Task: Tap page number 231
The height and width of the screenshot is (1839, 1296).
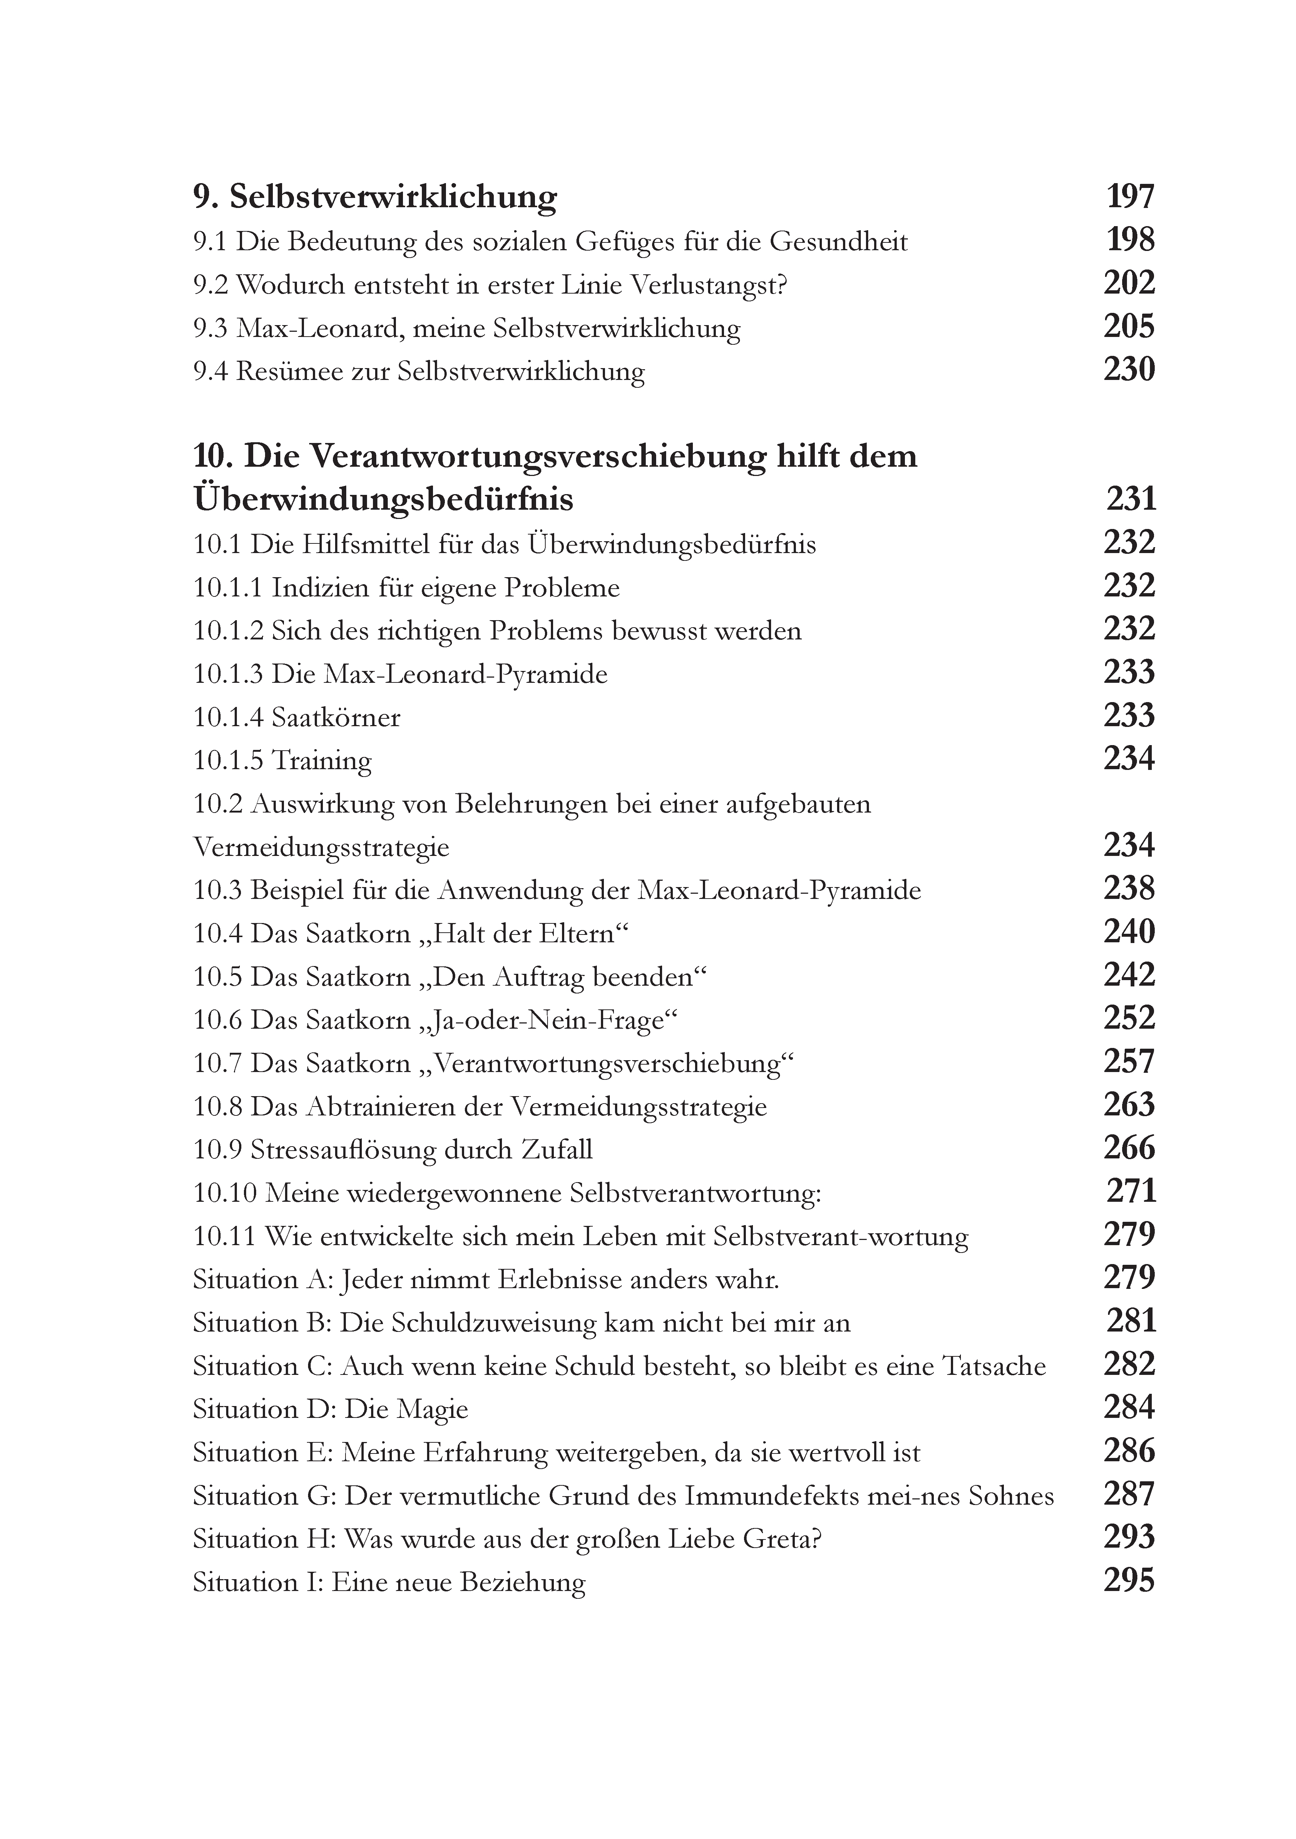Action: click(x=1131, y=499)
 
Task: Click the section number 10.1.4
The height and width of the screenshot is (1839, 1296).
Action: click(x=228, y=717)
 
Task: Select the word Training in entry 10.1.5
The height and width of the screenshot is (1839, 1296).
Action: click(x=322, y=761)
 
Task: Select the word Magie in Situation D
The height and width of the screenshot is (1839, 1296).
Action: click(x=433, y=1409)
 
